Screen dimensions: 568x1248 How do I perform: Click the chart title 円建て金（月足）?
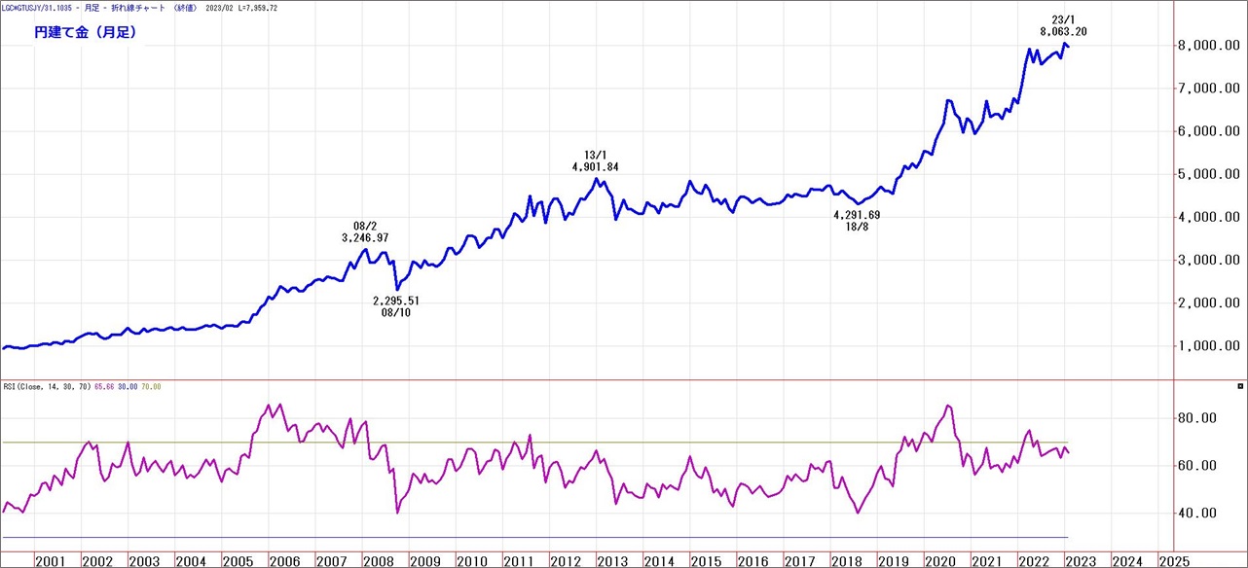(x=85, y=32)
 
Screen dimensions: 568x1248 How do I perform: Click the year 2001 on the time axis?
(x=50, y=560)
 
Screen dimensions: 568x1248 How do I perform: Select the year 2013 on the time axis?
(x=612, y=560)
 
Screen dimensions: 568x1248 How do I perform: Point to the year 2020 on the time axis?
(x=939, y=560)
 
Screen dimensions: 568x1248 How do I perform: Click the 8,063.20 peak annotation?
(x=1063, y=31)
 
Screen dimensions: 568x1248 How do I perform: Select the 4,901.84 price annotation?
(x=596, y=167)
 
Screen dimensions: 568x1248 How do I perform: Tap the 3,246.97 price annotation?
(x=365, y=237)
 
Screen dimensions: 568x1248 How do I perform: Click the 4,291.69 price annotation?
(x=857, y=215)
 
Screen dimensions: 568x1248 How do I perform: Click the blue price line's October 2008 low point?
(x=396, y=289)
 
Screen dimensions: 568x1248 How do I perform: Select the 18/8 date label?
(x=857, y=228)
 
